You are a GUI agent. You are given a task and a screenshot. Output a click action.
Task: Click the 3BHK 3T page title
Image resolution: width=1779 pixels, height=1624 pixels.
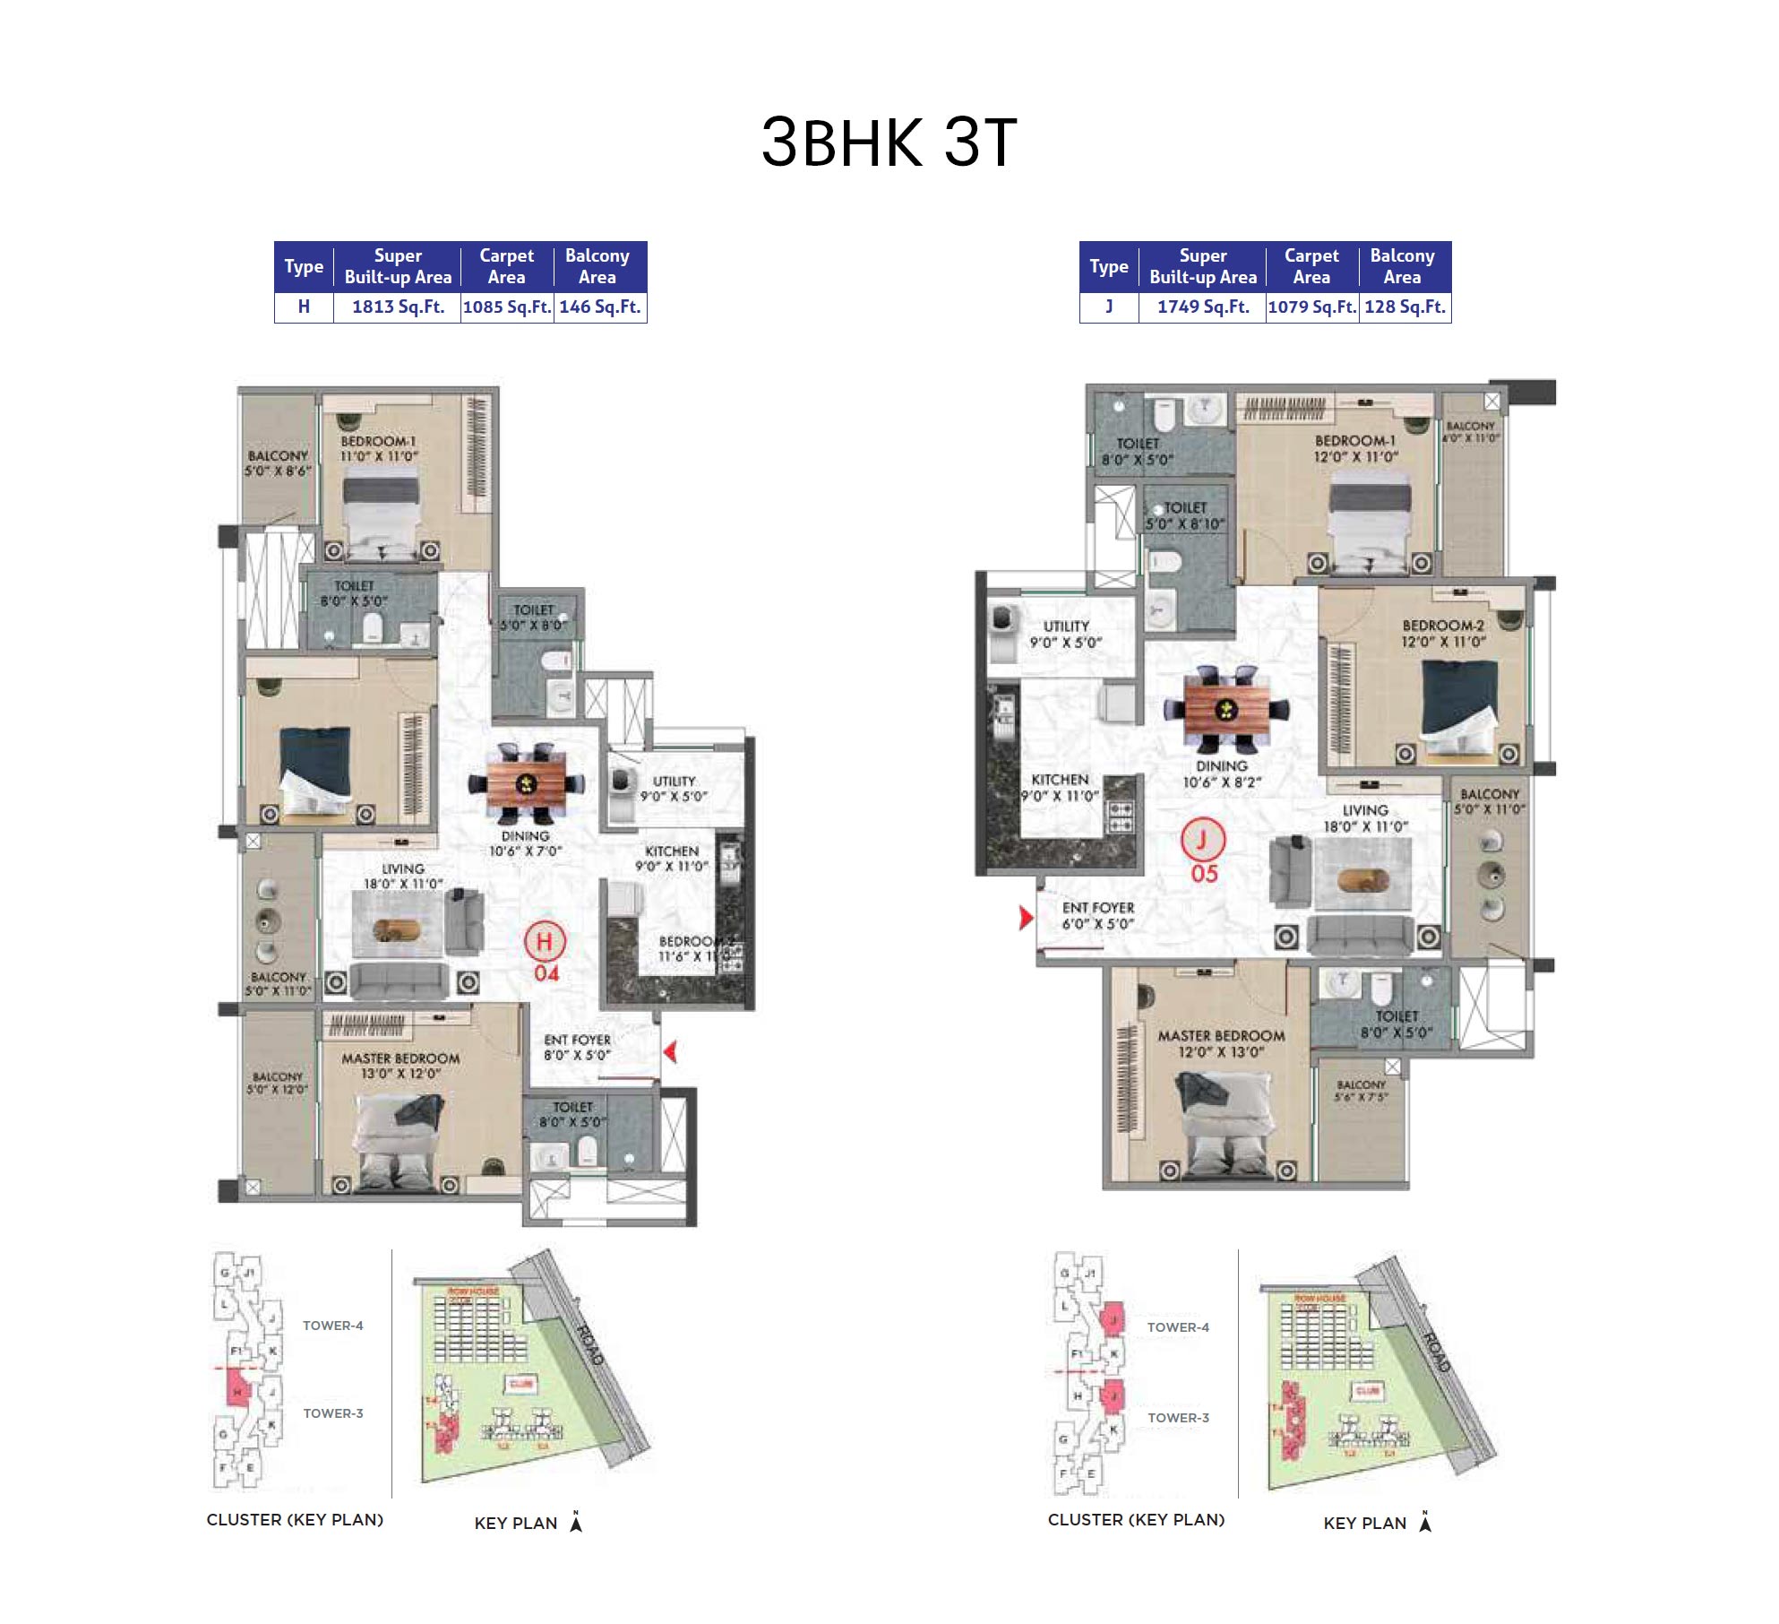(889, 142)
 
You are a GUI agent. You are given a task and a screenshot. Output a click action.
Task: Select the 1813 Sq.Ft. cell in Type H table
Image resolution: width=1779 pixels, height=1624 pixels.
(398, 307)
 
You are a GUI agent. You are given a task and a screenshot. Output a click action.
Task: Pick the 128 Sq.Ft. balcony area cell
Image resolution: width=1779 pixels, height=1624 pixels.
(1405, 307)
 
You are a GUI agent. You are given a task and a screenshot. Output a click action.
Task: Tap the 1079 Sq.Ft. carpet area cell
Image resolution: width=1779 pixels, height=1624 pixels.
(1311, 307)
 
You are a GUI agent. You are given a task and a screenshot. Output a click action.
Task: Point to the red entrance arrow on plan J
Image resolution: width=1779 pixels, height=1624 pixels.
(1026, 917)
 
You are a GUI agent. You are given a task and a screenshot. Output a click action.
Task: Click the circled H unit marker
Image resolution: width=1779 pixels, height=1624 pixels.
(544, 942)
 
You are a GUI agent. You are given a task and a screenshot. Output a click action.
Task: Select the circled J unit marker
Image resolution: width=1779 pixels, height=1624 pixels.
(1202, 840)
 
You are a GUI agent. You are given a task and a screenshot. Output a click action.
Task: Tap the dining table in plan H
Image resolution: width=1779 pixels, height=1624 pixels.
(527, 783)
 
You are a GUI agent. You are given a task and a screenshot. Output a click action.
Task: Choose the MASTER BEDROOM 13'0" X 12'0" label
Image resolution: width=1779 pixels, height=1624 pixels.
(400, 1066)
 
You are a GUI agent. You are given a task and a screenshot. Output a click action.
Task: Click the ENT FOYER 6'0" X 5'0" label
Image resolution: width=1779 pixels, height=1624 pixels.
(1098, 915)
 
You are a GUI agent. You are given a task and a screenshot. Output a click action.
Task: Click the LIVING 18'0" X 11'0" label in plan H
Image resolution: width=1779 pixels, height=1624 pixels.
(403, 876)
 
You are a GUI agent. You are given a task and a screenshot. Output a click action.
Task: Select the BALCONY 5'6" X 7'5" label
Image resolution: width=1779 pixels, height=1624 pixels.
(1361, 1090)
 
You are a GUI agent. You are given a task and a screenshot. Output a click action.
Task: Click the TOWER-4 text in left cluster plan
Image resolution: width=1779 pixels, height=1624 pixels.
(332, 1326)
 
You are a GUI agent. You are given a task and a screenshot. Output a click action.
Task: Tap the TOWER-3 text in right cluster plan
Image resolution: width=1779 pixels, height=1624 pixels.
(1178, 1418)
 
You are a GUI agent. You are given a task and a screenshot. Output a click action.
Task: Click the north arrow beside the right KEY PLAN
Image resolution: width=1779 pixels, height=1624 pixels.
(1425, 1522)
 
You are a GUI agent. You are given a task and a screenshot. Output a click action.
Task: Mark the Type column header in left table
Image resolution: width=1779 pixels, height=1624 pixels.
(304, 266)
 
